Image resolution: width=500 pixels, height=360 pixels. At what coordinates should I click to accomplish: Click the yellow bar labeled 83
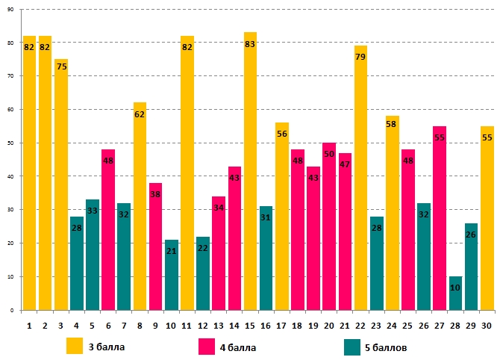click(250, 172)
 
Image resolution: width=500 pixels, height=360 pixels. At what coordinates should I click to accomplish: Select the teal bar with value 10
click(455, 294)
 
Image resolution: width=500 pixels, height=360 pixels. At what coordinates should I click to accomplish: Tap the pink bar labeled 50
click(329, 226)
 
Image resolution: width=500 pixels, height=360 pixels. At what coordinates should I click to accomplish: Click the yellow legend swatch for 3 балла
click(75, 347)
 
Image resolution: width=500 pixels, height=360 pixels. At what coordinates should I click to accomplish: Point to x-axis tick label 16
click(266, 325)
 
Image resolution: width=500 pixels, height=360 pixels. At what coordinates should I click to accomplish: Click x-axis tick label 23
click(376, 325)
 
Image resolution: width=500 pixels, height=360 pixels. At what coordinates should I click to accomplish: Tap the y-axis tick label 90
click(10, 9)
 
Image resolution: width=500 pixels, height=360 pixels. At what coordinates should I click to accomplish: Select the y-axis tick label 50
click(10, 143)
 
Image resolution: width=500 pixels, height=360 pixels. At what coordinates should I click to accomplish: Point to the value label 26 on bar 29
click(471, 235)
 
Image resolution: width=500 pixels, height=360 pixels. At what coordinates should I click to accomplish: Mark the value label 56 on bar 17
click(281, 134)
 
